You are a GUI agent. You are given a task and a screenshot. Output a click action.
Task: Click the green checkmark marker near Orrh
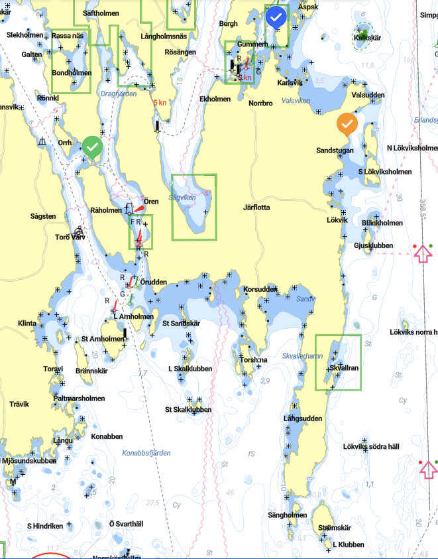93,147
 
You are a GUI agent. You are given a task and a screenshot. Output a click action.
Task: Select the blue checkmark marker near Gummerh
276,17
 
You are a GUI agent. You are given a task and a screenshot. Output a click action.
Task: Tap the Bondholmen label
72,73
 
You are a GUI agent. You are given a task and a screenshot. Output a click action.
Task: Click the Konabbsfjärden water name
146,453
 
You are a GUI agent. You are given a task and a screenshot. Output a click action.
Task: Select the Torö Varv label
71,237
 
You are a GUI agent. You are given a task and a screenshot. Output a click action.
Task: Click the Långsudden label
303,418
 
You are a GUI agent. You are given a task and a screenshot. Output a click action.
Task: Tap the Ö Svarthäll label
126,524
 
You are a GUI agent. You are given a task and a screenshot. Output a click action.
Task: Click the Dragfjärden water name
118,94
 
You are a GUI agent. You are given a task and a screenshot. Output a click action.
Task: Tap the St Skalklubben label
188,410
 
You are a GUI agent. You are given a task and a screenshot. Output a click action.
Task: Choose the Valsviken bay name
296,101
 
